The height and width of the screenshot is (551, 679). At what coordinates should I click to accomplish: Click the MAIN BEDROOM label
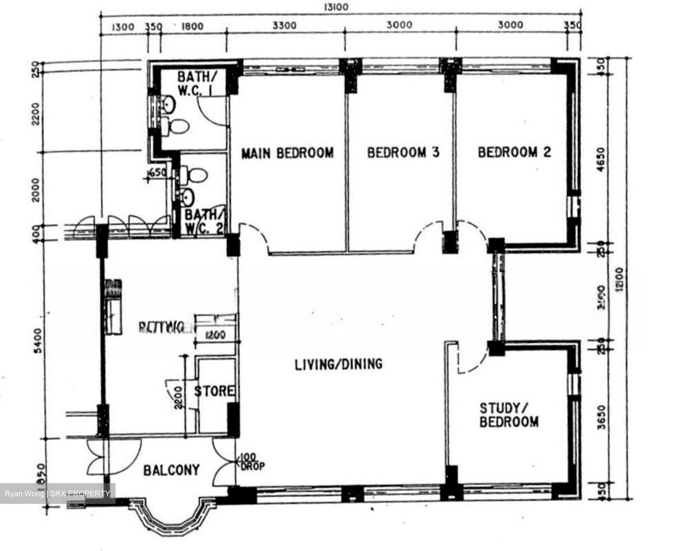[x=287, y=153]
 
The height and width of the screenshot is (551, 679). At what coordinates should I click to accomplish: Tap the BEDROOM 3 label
[x=403, y=152]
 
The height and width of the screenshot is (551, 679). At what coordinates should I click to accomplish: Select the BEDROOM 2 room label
[x=514, y=152]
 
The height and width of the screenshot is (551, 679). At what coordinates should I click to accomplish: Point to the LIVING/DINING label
[x=338, y=364]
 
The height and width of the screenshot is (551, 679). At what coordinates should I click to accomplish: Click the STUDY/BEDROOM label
[x=509, y=415]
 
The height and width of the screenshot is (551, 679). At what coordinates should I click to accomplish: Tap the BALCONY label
[x=171, y=470]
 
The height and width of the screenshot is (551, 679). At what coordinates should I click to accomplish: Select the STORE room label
[x=215, y=391]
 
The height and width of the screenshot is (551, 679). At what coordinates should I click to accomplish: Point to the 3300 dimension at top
[x=285, y=25]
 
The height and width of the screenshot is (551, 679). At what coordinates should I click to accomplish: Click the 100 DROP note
[x=252, y=462]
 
